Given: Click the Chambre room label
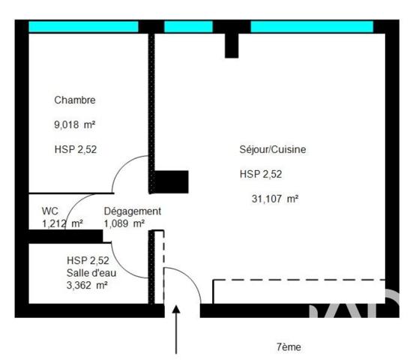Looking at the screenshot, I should [75, 100].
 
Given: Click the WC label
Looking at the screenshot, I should [49, 211].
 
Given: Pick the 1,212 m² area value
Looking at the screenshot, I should [62, 223].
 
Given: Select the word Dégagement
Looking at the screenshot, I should [132, 211].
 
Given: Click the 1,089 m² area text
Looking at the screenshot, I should [124, 223].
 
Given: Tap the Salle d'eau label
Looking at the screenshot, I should [91, 273].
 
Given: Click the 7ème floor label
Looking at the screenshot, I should [289, 346].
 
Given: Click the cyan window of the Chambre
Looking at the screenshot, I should [83, 27].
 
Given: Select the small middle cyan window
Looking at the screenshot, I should [188, 27].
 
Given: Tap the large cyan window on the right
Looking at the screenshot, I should [311, 27].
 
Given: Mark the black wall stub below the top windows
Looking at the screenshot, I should [232, 45].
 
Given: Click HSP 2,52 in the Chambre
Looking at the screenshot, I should [76, 149].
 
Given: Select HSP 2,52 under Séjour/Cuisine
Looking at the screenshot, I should [261, 175].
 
